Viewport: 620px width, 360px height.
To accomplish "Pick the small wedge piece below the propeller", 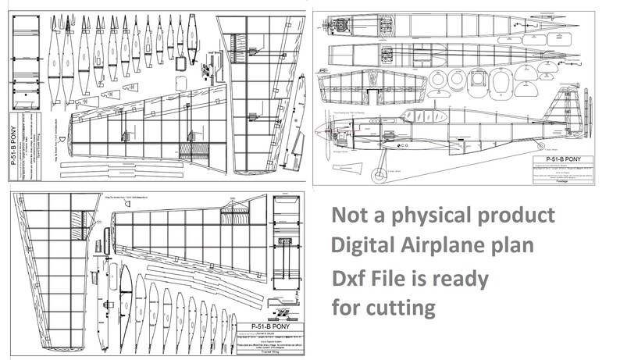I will click(348, 169).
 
